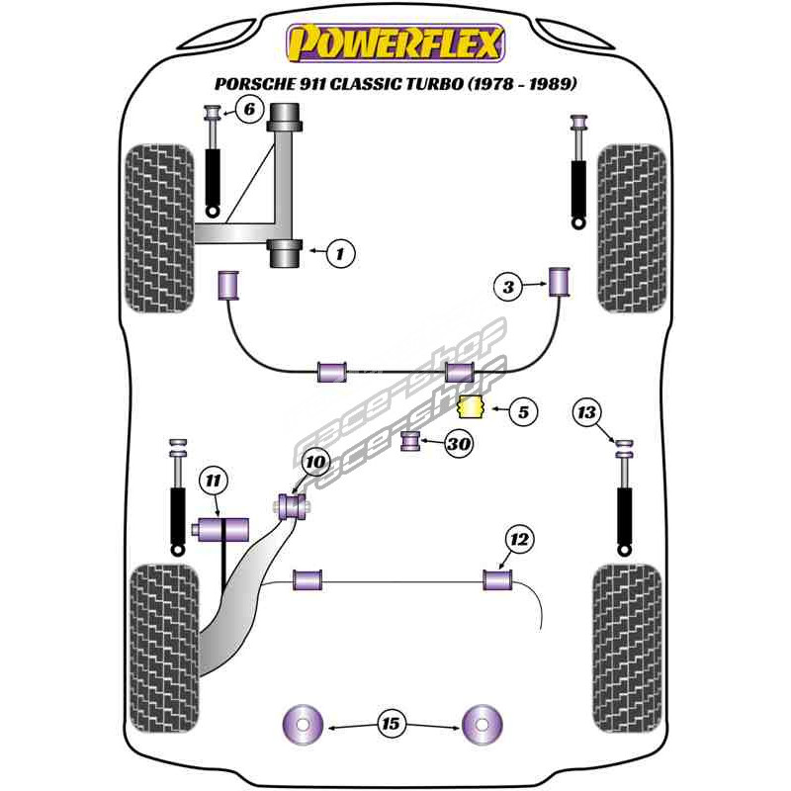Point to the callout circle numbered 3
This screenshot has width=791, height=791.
pos(508,287)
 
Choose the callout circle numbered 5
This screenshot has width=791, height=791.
pos(524,410)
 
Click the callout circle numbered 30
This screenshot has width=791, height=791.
pos(458,444)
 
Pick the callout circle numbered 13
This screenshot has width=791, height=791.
pos(587,412)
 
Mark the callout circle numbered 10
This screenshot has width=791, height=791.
pos(314,462)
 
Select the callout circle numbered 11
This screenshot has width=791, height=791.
pos(213,482)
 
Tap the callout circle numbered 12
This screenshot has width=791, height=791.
pos(520,539)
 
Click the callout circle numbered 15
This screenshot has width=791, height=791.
pos(392,725)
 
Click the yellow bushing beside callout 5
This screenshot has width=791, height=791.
pos(472,405)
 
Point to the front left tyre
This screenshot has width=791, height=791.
pos(157,227)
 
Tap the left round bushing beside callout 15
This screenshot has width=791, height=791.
pos(304,726)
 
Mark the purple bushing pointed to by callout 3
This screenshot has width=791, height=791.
pos(561,281)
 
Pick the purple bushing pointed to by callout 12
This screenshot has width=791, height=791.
pos(496,578)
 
